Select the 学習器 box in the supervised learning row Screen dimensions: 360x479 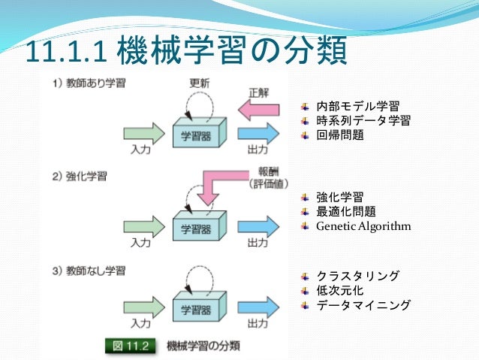point(196,134)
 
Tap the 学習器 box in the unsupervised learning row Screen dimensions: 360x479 point(196,308)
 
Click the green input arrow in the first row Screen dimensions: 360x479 point(144,135)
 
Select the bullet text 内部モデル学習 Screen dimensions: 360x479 point(357,105)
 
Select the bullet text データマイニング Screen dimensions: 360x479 point(363,305)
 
